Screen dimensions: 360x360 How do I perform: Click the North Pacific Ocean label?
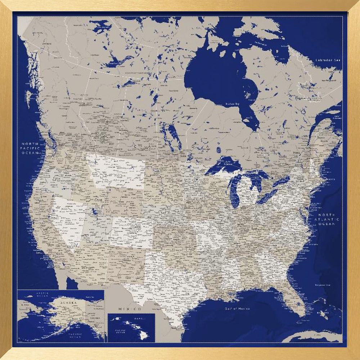(30, 148)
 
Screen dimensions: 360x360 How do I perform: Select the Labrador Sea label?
(328, 60)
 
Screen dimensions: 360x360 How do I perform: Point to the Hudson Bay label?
(232, 104)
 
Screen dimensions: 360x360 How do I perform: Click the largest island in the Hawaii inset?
(143, 335)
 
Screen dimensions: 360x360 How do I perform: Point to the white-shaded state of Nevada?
(68, 220)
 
